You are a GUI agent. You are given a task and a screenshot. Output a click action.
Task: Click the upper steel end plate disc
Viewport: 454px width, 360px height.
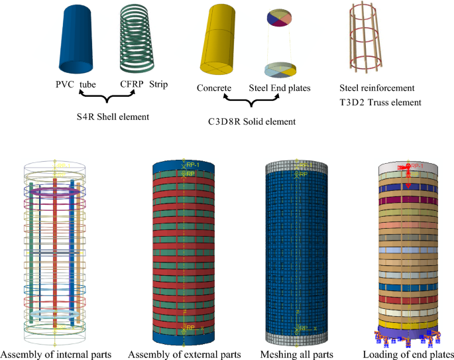coord(284,19)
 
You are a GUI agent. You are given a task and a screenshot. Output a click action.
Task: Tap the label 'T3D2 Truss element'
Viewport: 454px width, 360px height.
coord(380,102)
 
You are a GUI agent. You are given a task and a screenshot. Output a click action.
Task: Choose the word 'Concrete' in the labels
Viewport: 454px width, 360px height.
coord(214,88)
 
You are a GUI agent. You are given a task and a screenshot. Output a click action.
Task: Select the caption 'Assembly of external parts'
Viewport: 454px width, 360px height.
coord(184,354)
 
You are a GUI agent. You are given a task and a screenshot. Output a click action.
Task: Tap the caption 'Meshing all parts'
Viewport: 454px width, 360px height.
coord(297,354)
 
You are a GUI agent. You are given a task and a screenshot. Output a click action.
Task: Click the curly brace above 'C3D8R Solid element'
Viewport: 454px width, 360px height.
coord(249,102)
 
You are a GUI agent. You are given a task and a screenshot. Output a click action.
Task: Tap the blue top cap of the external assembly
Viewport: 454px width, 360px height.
coord(184,166)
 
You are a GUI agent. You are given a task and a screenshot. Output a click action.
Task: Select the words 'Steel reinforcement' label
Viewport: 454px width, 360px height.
coord(376,88)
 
